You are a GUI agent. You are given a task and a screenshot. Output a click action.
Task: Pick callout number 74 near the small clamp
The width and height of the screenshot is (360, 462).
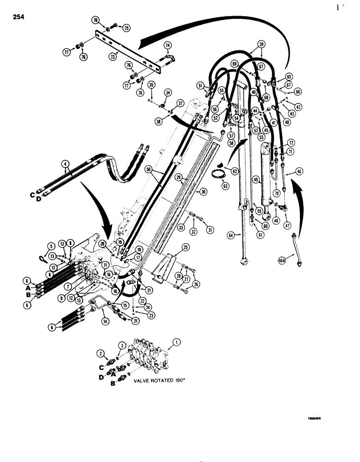pos(168,45)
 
